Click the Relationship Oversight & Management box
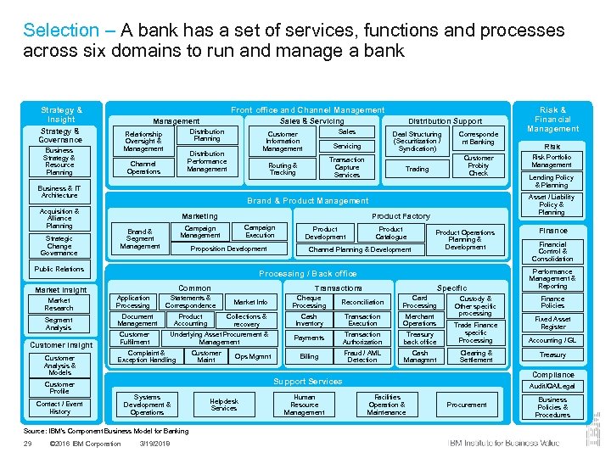(x=143, y=142)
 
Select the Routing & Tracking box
(x=283, y=169)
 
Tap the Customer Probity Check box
(x=479, y=165)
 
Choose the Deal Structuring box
(x=417, y=141)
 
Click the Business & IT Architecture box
(x=59, y=193)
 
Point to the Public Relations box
(x=59, y=269)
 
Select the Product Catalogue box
(x=390, y=233)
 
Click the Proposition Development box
(x=228, y=249)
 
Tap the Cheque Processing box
(x=309, y=302)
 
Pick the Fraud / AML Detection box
(x=362, y=356)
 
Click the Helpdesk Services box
(x=224, y=405)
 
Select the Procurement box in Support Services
(x=467, y=405)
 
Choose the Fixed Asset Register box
(x=552, y=323)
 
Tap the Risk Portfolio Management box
(x=552, y=161)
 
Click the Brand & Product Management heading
(x=307, y=201)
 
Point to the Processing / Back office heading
(x=307, y=274)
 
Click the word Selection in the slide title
(x=61, y=31)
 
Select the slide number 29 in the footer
(x=27, y=444)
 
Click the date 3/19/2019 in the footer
(x=155, y=444)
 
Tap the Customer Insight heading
(x=61, y=345)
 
